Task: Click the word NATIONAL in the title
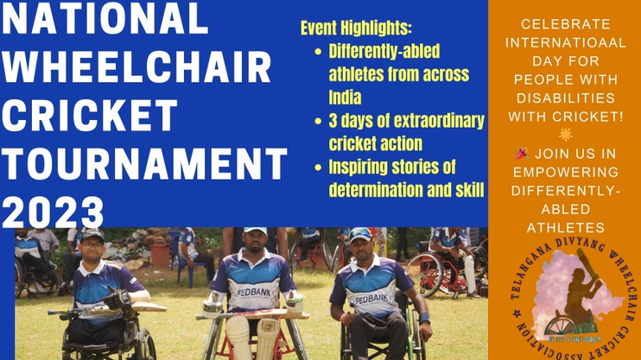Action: [x=105, y=18]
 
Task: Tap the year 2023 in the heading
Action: [x=53, y=212]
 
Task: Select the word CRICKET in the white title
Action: [x=90, y=115]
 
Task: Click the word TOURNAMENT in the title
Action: [x=145, y=163]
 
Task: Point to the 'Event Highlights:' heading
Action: [x=356, y=28]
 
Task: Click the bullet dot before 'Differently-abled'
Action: [x=318, y=52]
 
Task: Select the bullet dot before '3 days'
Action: [x=318, y=122]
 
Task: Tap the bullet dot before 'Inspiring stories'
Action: [x=318, y=167]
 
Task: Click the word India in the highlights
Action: [x=345, y=98]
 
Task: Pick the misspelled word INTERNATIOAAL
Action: [x=566, y=42]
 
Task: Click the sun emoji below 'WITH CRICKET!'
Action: [x=566, y=135]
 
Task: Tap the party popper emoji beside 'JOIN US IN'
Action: [x=522, y=154]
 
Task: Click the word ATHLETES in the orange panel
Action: [x=566, y=228]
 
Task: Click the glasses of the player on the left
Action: [x=92, y=245]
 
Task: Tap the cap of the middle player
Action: [x=255, y=231]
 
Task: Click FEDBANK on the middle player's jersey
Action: [x=254, y=292]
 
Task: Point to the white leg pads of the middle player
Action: [x=253, y=338]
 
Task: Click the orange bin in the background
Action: [x=160, y=256]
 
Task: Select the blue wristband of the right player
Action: [x=425, y=318]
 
